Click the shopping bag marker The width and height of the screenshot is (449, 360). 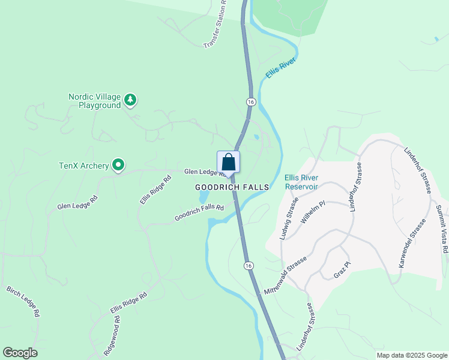pyautogui.click(x=228, y=162)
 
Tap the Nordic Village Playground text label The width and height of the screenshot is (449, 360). pyautogui.click(x=94, y=101)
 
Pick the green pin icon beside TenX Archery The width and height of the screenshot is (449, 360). pyautogui.click(x=119, y=164)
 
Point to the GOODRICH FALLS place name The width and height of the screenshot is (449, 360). pyautogui.click(x=232, y=187)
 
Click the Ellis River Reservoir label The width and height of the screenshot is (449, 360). pyautogui.click(x=301, y=182)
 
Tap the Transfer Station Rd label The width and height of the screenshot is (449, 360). pyautogui.click(x=215, y=25)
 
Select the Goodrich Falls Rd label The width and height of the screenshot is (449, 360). pyautogui.click(x=199, y=212)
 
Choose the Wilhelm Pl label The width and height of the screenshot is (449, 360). pyautogui.click(x=312, y=212)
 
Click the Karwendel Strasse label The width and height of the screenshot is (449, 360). pyautogui.click(x=411, y=243)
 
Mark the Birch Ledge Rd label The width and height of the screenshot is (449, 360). pyautogui.click(x=23, y=302)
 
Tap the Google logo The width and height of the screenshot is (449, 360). pyautogui.click(x=20, y=353)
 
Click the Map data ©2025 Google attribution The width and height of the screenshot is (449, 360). pyautogui.click(x=411, y=355)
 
